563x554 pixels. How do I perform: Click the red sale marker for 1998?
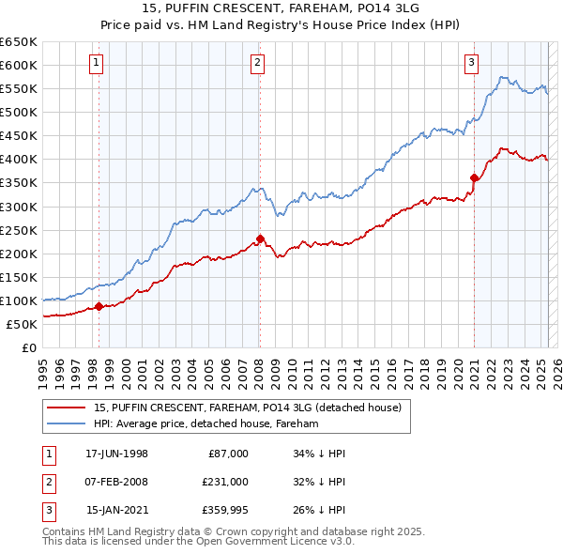99,306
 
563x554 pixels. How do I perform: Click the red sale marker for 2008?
259,239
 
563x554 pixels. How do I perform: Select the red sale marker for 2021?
474,177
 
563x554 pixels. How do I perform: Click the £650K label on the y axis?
19,42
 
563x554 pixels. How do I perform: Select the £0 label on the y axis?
28,347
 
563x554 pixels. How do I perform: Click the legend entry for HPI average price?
206,424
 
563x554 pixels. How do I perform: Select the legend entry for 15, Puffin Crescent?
248,408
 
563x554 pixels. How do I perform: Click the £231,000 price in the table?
225,482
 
